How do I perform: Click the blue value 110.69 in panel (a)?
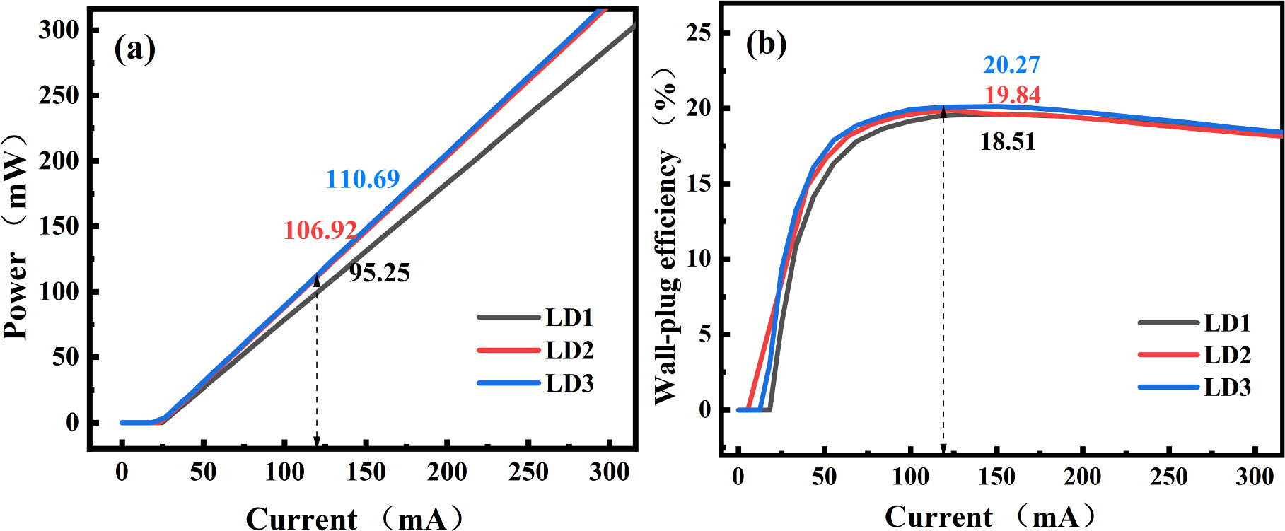(363, 179)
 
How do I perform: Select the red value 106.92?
(320, 230)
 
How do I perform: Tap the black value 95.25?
(379, 273)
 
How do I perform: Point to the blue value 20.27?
(1011, 64)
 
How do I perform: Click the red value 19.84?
(1012, 94)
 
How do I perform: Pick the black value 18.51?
(1007, 141)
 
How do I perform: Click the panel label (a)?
(134, 49)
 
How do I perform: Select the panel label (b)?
(766, 45)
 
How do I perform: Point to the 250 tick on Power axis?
(59, 95)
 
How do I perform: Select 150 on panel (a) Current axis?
(366, 472)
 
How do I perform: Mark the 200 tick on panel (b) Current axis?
(1082, 477)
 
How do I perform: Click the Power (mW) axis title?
(16, 237)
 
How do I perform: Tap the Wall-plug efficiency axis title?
(666, 237)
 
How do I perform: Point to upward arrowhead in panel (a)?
(317, 280)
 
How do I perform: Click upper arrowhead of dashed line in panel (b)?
(943, 111)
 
